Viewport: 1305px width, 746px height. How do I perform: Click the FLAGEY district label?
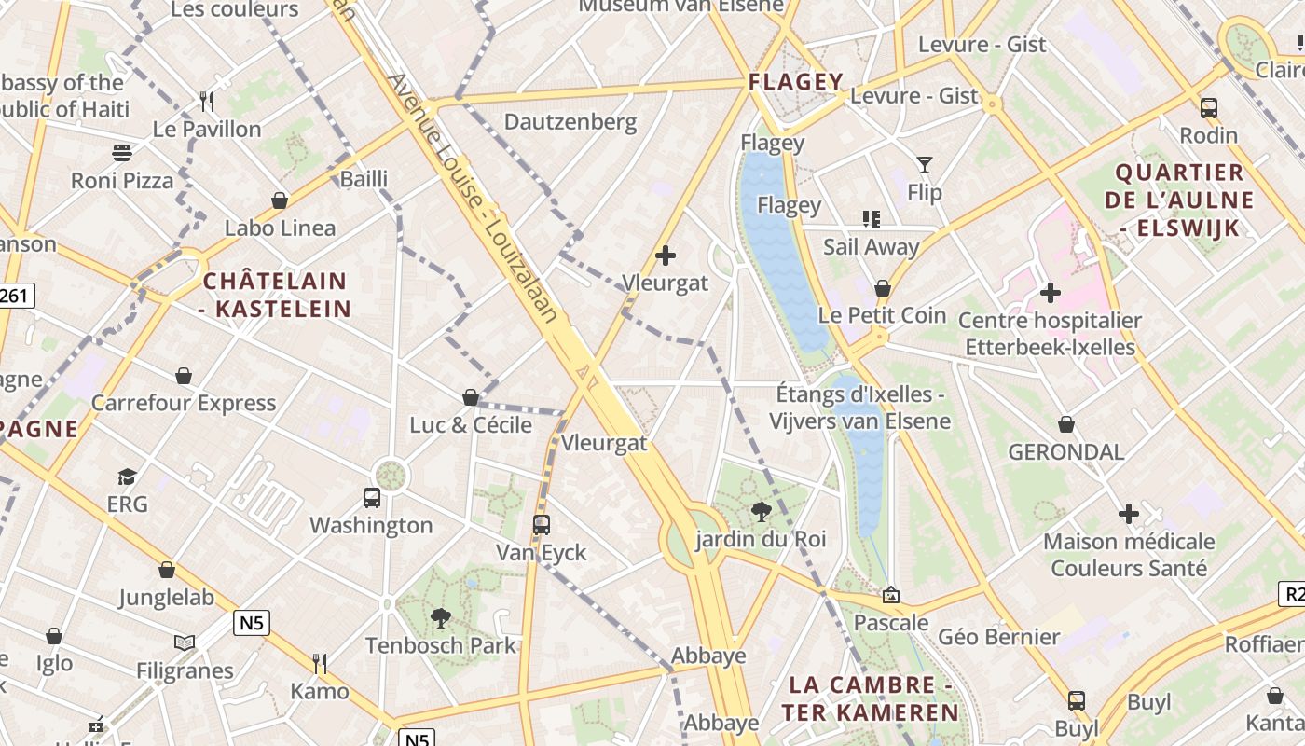pos(796,82)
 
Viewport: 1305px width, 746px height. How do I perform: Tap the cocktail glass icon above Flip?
pos(924,165)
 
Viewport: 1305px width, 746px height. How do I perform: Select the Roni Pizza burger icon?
pos(122,152)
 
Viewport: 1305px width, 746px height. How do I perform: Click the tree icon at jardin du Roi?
pos(761,511)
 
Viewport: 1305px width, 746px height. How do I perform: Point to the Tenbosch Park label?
pos(440,645)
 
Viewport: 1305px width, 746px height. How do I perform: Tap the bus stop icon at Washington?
pos(372,498)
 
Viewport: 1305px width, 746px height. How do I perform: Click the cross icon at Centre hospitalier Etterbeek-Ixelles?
pos(1051,293)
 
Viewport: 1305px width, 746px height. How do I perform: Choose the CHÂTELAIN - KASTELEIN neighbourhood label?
pos(276,295)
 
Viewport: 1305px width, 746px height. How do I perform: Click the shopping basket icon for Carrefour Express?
pos(184,376)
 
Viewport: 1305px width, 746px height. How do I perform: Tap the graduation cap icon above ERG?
pos(127,477)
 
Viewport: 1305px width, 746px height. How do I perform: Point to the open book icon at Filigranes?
pos(185,642)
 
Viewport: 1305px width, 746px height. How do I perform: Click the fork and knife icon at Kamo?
pos(319,663)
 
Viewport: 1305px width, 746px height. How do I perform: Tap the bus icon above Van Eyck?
pos(542,525)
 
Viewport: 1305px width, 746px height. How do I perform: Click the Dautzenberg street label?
pos(570,122)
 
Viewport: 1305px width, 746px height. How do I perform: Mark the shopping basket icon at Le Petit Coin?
pos(882,288)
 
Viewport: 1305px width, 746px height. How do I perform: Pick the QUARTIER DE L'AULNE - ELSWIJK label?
pos(1179,200)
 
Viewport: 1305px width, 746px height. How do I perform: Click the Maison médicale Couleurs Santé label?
pos(1129,555)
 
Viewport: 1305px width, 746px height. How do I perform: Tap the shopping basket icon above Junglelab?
pos(167,570)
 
